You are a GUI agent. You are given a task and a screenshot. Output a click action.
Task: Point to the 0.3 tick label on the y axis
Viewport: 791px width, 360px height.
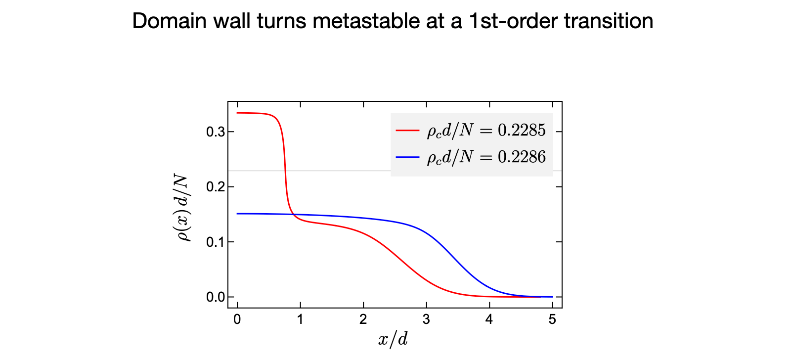[x=216, y=132]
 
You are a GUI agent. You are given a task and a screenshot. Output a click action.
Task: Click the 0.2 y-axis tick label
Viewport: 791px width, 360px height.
[x=216, y=187]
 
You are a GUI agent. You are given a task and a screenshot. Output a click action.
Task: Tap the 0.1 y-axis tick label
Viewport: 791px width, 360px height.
[x=216, y=242]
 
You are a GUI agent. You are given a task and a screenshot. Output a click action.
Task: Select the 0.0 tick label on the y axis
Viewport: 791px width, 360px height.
[x=216, y=297]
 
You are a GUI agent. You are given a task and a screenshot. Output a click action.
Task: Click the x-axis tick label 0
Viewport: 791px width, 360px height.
[x=237, y=319]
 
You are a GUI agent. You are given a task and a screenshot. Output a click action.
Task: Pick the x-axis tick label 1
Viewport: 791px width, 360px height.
[x=300, y=319]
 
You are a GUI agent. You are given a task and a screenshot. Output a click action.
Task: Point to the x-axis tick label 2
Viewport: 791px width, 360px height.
[x=363, y=319]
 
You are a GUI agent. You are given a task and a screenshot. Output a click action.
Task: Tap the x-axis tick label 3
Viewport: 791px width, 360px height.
[x=426, y=319]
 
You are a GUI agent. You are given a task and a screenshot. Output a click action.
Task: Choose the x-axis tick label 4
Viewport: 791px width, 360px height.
[x=489, y=319]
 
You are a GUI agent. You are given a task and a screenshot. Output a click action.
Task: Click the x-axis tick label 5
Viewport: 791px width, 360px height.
[x=552, y=319]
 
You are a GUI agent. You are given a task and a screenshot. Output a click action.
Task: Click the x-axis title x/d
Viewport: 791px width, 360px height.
[x=393, y=339]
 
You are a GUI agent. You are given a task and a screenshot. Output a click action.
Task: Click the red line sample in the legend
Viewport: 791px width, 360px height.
[x=407, y=131]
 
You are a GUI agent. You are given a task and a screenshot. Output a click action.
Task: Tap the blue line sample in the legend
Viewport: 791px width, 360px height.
[x=407, y=157]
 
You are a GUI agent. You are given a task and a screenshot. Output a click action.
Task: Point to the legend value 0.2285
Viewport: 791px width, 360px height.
[x=522, y=130]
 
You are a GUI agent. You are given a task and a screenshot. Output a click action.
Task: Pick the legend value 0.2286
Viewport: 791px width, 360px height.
[x=522, y=157]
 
